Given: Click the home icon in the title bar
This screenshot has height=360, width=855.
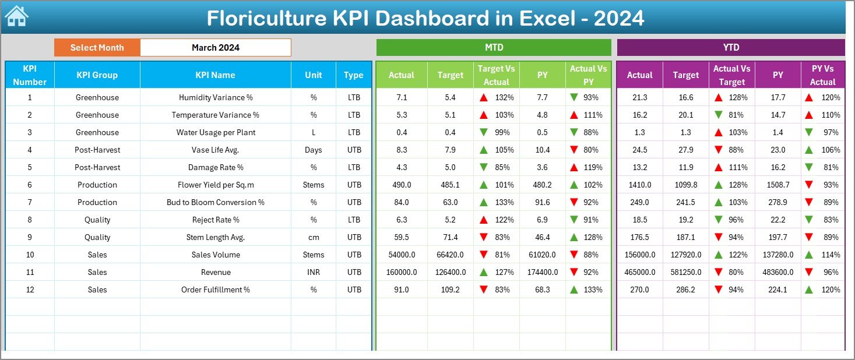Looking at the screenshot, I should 16,16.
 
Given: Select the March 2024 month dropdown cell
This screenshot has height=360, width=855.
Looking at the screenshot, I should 215,48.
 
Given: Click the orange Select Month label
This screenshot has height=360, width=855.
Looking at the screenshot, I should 97,48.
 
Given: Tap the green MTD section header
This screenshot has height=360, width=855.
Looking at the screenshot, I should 494,47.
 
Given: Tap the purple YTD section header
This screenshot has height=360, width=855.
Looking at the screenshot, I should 731,47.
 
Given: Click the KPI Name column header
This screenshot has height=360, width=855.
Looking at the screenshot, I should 215,75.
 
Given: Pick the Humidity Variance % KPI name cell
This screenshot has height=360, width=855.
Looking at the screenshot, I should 215,97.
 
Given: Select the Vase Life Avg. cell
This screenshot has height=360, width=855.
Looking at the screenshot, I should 215,150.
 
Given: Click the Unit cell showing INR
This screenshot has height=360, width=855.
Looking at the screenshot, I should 314,272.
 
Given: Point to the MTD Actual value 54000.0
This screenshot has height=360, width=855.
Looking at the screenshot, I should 402,255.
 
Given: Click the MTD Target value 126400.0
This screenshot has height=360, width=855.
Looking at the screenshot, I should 450,272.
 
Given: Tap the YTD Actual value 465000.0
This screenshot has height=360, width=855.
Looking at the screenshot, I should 639,272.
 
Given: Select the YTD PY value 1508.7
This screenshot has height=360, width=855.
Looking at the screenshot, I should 777,185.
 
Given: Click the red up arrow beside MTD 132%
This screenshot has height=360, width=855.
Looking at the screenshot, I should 484,98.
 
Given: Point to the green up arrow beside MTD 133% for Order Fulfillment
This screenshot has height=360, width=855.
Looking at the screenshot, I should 575,290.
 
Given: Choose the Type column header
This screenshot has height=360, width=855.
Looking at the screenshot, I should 354,75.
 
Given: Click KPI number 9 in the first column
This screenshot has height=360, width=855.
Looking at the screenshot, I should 30,237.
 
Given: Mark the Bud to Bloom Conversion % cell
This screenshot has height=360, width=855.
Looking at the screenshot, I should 215,202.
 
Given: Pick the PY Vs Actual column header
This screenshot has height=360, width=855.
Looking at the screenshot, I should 822,75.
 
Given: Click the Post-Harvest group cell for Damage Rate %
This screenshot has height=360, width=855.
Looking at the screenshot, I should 97,167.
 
